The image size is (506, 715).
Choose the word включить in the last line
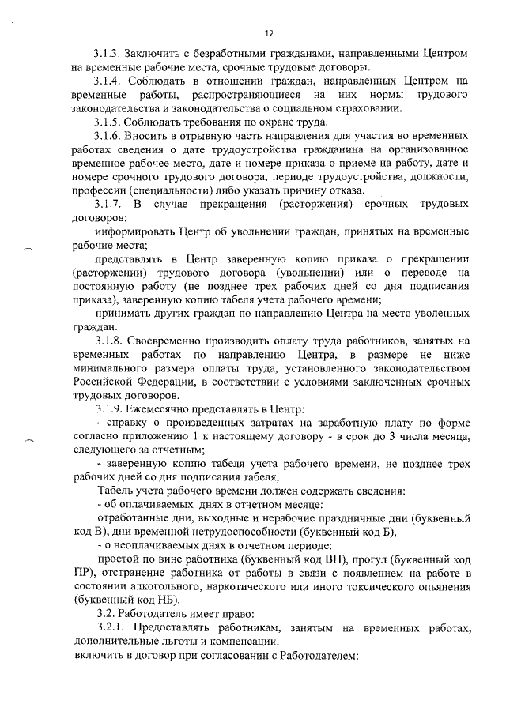pyautogui.click(x=99, y=655)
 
